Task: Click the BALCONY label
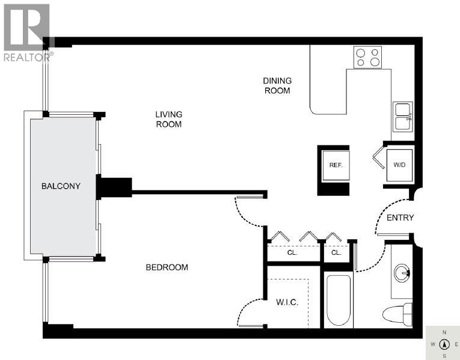pos(60,186)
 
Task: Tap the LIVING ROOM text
pos(168,119)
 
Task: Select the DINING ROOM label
pos(277,85)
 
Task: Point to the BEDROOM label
pos(167,267)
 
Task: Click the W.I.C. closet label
pos(287,302)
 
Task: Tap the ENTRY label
pos(400,218)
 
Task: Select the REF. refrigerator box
pos(335,165)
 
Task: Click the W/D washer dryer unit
pos(399,164)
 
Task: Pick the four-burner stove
pos(367,57)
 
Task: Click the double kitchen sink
pos(402,117)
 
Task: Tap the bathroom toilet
pos(399,314)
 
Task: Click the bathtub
pos(338,301)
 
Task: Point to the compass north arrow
pos(444,344)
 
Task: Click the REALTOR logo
pos(27,33)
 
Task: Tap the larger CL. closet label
pos(292,253)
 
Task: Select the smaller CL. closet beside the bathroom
pos(336,253)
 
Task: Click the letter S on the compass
pos(444,356)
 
